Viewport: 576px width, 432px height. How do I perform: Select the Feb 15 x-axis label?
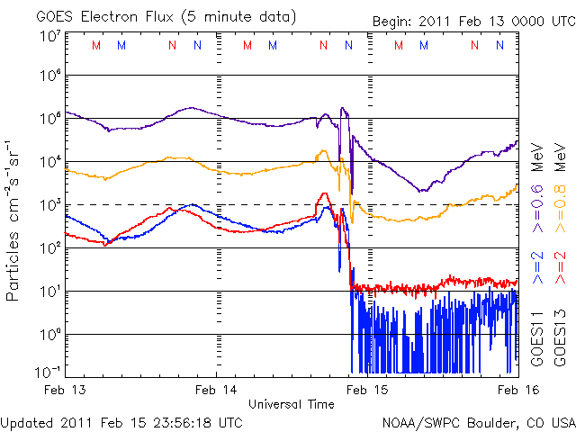point(364,390)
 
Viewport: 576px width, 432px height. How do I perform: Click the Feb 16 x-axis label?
point(509,390)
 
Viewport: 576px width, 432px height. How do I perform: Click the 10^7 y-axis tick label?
point(49,35)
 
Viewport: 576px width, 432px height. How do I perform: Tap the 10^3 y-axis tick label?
point(49,205)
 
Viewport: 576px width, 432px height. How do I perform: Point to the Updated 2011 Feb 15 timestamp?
point(121,422)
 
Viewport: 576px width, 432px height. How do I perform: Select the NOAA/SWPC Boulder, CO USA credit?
point(478,422)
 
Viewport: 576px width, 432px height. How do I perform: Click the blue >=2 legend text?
point(535,268)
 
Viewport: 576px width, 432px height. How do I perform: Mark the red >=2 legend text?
point(560,268)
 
